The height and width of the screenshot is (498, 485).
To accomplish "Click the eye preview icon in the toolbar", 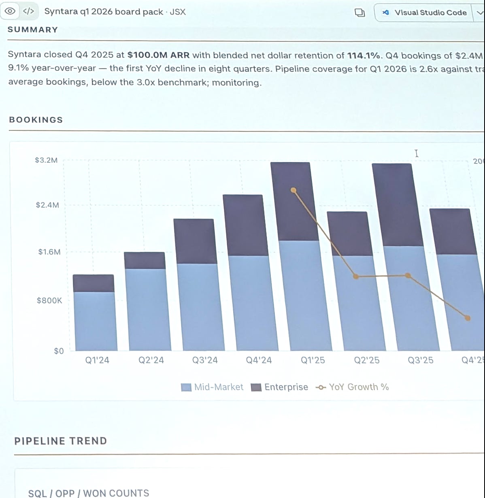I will [x=11, y=11].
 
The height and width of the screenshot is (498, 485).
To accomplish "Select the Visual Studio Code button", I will [x=425, y=13].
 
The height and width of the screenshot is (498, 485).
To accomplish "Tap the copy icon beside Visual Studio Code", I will [x=359, y=13].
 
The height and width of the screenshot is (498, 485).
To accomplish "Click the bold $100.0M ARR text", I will [x=158, y=55].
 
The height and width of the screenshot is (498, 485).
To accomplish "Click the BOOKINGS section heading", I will [x=36, y=120].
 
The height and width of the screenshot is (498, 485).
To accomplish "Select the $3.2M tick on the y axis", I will [x=46, y=160].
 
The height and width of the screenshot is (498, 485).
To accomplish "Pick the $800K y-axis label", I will [x=49, y=300].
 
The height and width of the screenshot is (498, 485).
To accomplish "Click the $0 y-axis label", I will [x=59, y=351].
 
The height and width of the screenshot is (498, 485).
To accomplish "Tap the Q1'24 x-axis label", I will [x=97, y=360].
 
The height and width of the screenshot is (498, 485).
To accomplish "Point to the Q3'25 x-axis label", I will [x=420, y=360].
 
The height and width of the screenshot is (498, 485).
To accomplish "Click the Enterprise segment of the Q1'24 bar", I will [x=93, y=283].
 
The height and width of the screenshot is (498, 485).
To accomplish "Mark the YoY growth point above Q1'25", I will [x=294, y=190].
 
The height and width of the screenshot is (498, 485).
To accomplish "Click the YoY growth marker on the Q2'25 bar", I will [x=356, y=277].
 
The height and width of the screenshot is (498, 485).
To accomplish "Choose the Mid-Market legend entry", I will [x=213, y=387].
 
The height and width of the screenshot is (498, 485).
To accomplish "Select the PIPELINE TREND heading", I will [x=61, y=441].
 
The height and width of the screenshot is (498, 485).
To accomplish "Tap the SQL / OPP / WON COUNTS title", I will [x=89, y=493].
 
